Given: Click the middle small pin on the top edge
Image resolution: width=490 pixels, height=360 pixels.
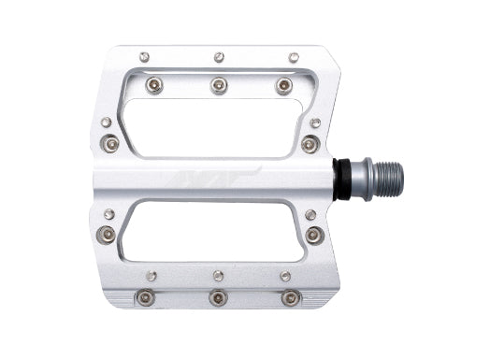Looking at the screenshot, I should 219,58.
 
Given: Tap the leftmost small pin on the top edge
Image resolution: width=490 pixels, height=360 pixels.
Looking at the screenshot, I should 144,57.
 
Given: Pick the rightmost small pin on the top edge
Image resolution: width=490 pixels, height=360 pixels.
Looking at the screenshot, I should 294,58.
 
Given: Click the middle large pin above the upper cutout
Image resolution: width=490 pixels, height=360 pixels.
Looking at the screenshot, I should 219,86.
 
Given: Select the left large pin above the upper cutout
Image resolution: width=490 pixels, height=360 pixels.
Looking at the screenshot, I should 154,85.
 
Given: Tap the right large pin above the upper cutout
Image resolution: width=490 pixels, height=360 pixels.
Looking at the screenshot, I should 283,86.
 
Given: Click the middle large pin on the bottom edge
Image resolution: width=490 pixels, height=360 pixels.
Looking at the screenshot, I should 218,297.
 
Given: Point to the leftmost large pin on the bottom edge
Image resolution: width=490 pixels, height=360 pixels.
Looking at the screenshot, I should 145,297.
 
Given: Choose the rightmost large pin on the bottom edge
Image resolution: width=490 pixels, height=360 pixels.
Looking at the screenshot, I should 291,297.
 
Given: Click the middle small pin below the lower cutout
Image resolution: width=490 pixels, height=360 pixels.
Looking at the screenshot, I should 218,275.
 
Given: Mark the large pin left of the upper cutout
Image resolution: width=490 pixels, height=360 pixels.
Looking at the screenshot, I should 108,144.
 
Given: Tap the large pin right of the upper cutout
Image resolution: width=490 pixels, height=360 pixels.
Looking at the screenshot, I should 311,144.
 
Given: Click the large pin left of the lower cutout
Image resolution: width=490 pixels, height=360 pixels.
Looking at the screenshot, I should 108,234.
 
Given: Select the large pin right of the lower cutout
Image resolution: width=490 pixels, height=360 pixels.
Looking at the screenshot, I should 313,235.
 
